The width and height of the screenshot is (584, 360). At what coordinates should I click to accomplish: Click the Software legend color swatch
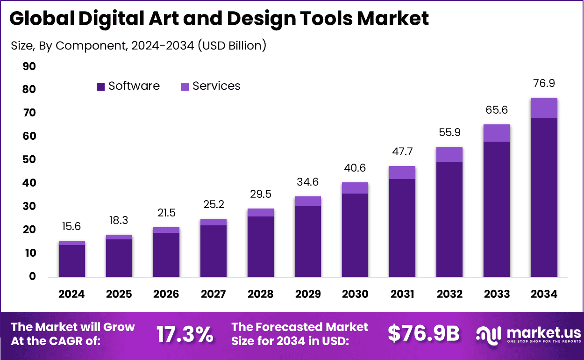pos(100,86)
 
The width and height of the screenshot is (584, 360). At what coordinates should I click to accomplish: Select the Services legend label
pos(216,86)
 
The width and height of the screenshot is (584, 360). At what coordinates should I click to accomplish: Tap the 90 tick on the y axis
pos(29,66)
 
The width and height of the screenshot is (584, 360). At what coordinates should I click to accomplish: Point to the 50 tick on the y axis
pos(29,160)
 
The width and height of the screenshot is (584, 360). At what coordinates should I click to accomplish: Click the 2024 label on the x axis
pos(71,294)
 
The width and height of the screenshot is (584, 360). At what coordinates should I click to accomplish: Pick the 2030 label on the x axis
pos(355,294)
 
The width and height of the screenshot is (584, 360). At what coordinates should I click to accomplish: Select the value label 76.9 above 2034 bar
pos(544,83)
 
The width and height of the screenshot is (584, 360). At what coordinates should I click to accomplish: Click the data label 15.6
pos(71,226)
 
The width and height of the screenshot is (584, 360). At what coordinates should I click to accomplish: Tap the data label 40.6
pos(355,168)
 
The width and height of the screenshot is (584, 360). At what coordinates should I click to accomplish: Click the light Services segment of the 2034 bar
pos(544,108)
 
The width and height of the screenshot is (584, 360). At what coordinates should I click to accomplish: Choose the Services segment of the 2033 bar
pos(497,133)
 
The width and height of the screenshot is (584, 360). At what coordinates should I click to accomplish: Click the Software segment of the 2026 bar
pos(166,254)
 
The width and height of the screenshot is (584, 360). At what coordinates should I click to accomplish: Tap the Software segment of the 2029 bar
pos(307,241)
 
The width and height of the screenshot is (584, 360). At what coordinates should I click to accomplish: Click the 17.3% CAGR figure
pos(185,334)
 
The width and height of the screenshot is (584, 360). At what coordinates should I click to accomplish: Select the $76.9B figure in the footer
pos(423,334)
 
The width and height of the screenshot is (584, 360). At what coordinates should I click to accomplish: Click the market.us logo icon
pos(488,334)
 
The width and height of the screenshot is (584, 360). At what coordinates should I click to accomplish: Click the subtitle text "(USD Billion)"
pos(232,45)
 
